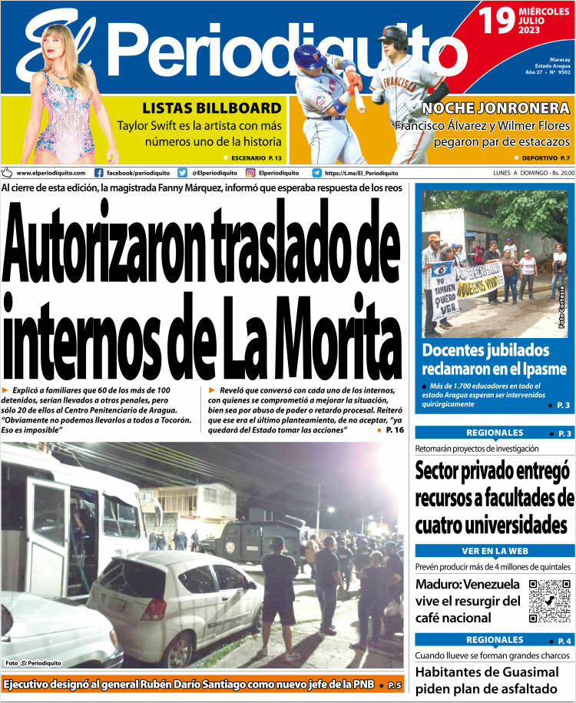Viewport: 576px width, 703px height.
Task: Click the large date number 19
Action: pyautogui.click(x=498, y=22)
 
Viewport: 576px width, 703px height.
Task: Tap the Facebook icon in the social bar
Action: pyautogui.click(x=98, y=173)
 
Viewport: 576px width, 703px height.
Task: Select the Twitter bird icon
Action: pyautogui.click(x=182, y=173)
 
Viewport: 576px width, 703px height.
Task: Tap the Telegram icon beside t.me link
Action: pyautogui.click(x=316, y=173)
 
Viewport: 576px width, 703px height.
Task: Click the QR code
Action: pyautogui.click(x=550, y=601)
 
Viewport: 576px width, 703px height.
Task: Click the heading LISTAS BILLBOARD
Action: pyautogui.click(x=211, y=108)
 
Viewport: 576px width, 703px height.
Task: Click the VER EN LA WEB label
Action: pyautogui.click(x=495, y=551)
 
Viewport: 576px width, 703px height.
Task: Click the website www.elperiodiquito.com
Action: pyautogui.click(x=50, y=173)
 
